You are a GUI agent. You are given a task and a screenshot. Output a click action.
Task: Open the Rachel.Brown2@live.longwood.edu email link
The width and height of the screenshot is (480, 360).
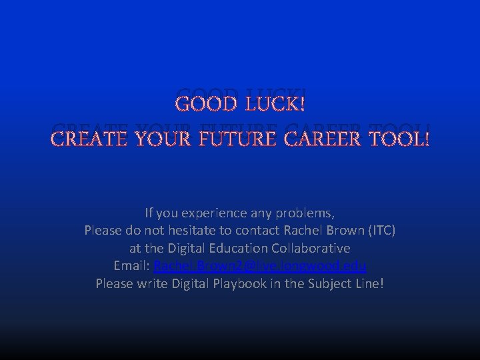[x=259, y=266]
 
